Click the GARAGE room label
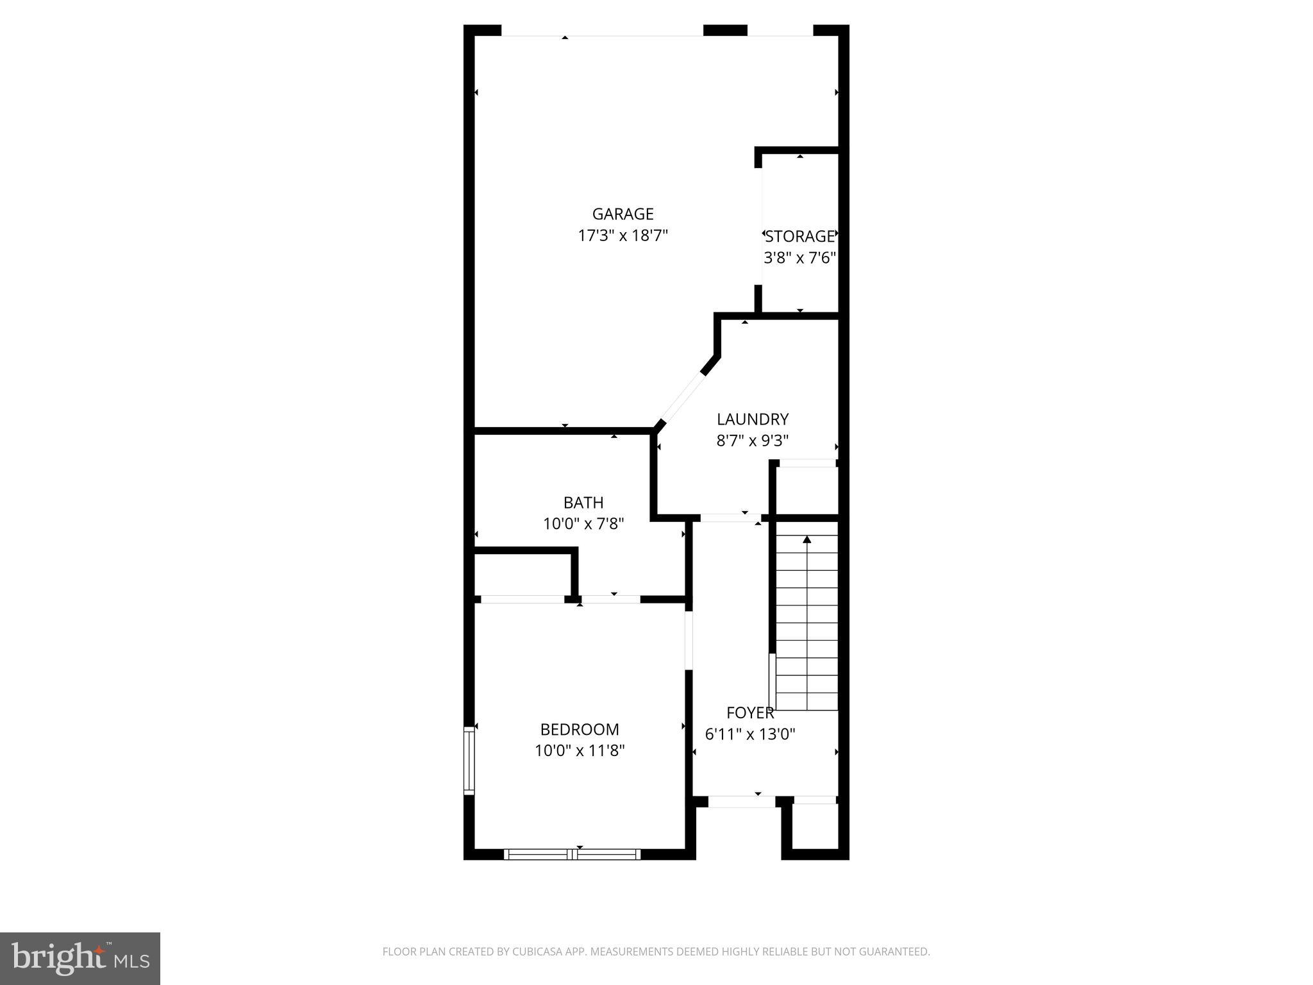[623, 214]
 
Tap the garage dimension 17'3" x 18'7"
[623, 236]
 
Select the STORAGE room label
[800, 237]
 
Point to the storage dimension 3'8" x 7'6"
[800, 258]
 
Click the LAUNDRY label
[752, 419]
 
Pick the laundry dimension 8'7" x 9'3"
[752, 441]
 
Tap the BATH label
[583, 503]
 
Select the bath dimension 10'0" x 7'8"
[583, 524]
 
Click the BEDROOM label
[580, 729]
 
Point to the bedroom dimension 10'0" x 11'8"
[580, 750]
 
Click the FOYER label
[750, 713]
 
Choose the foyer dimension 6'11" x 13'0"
[750, 734]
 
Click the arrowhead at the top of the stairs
[807, 540]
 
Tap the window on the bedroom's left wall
[469, 761]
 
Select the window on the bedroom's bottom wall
[572, 854]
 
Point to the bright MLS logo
[80, 959]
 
